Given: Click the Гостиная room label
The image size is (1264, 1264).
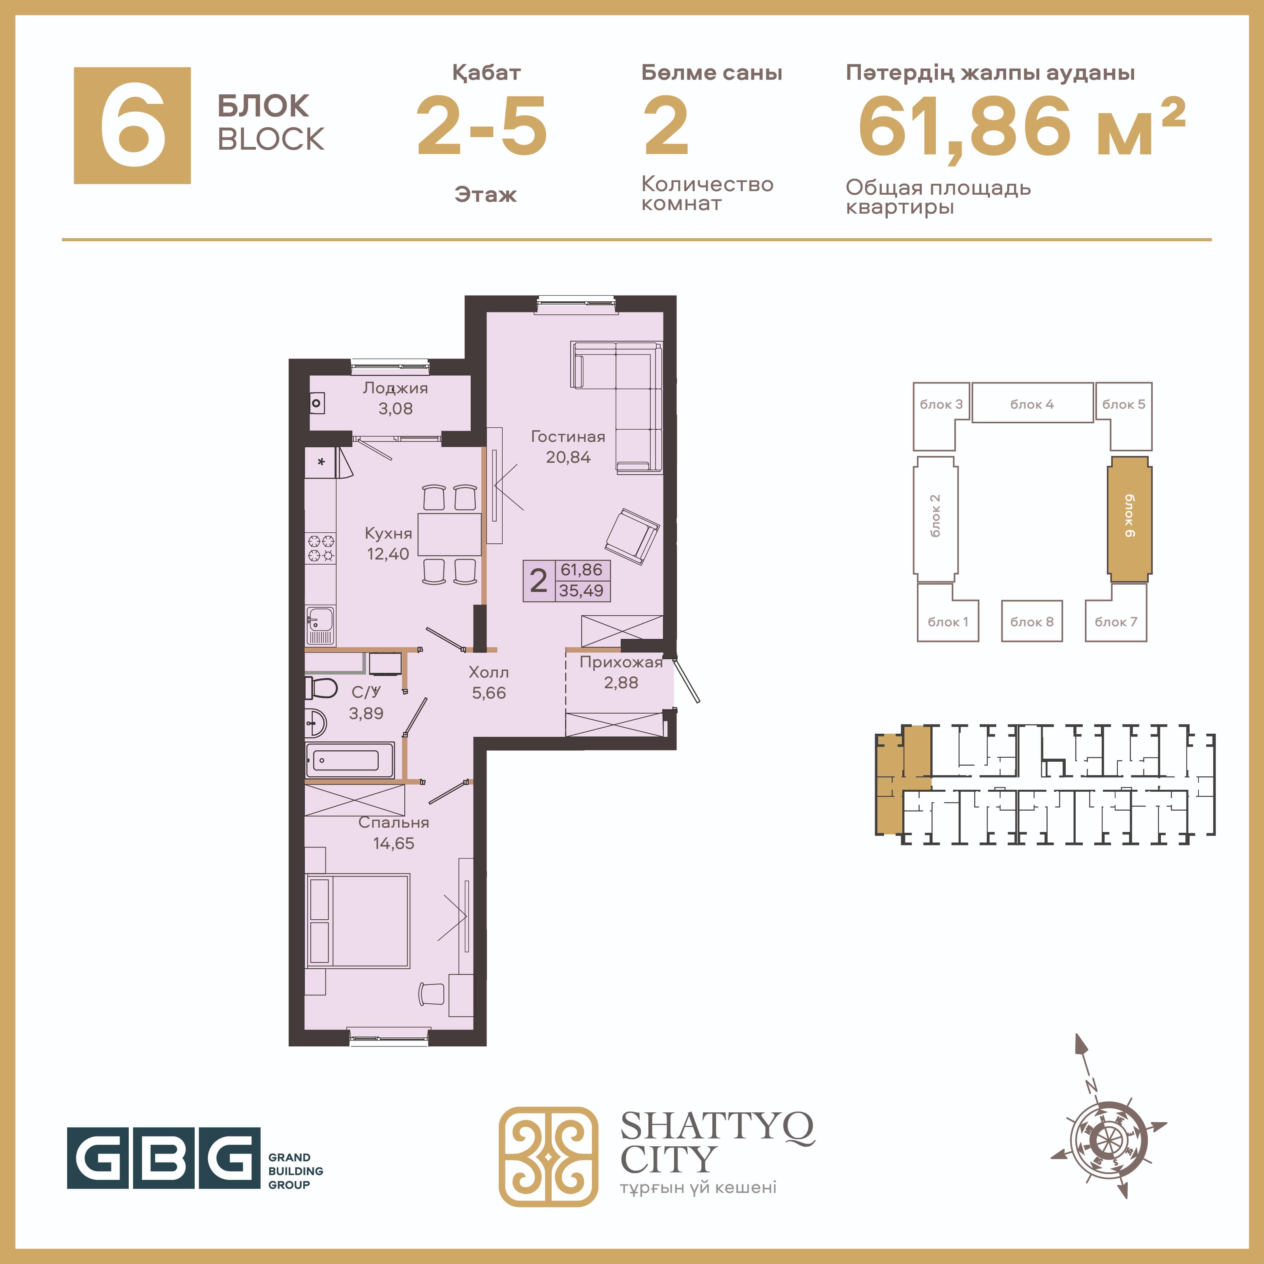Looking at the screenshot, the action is coord(568,447).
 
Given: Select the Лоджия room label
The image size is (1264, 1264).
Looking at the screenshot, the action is coord(395,398).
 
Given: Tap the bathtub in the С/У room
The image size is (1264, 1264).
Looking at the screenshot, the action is coord(350,760).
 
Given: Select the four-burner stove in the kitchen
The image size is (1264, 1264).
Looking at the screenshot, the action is coord(321,548).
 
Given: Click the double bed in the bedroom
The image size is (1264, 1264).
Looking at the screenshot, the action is coord(358,920).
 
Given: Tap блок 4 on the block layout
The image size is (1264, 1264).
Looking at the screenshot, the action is coord(1032,403).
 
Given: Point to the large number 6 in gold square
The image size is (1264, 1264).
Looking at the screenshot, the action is coord(132,126).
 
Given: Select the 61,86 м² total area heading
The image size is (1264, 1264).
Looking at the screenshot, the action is coord(1022,127).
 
